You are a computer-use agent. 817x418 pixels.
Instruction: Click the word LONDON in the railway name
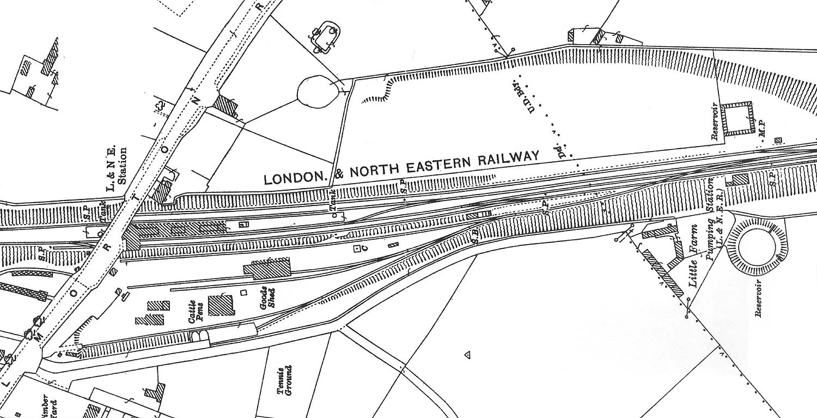pos(295,178)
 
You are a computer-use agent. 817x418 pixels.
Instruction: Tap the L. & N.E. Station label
pos(118,169)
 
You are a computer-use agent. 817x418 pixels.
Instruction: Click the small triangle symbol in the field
pos(467,355)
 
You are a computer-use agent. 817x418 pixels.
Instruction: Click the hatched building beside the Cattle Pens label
pos(220,305)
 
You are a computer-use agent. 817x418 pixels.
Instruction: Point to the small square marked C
pos(358,249)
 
